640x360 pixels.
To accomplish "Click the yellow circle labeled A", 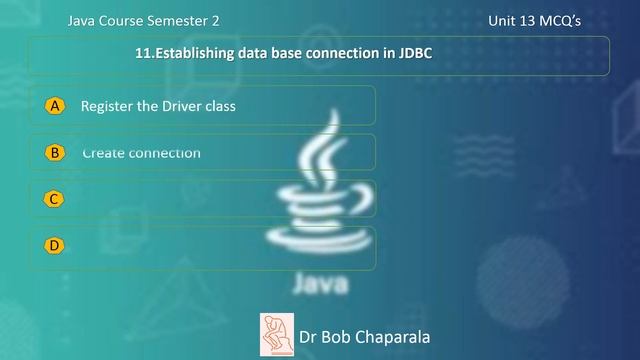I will point(55,105).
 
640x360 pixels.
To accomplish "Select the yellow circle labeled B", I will point(55,152).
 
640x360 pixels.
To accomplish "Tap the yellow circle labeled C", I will point(55,199).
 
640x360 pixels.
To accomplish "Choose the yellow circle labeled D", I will point(55,245).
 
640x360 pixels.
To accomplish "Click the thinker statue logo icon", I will point(275,332).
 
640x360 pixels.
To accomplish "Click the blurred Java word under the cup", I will point(321,285).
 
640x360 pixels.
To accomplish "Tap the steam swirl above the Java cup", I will point(323,155).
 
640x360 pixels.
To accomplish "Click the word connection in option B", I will point(165,153).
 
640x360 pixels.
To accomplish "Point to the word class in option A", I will point(219,105).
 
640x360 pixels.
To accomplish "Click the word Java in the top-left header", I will point(83,20).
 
